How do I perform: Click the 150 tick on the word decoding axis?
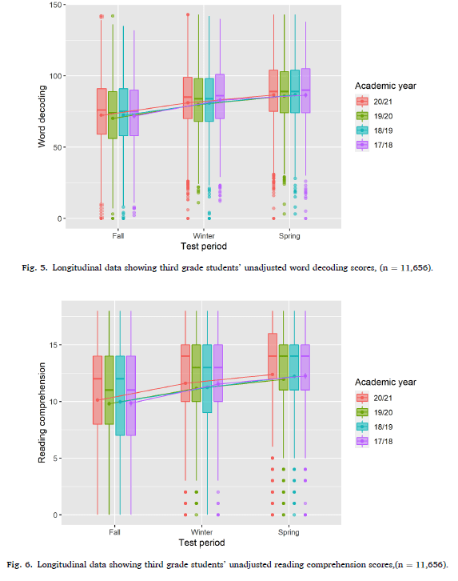point(55,5)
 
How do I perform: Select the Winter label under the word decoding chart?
point(204,236)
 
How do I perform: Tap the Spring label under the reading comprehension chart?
point(289,532)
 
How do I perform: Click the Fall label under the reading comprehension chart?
point(114,532)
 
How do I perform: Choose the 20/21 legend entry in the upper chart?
point(374,102)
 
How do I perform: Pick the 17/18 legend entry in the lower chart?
point(374,441)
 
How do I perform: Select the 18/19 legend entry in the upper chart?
point(374,130)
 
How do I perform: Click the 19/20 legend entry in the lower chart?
point(374,412)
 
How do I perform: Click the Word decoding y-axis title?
point(42,117)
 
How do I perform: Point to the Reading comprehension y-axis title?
point(42,413)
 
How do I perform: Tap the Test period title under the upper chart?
point(204,246)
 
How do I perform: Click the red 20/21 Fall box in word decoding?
point(102,111)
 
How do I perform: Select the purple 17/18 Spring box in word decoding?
point(305,90)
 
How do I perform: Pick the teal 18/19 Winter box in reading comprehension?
point(207,379)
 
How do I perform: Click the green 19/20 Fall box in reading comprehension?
point(110,390)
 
